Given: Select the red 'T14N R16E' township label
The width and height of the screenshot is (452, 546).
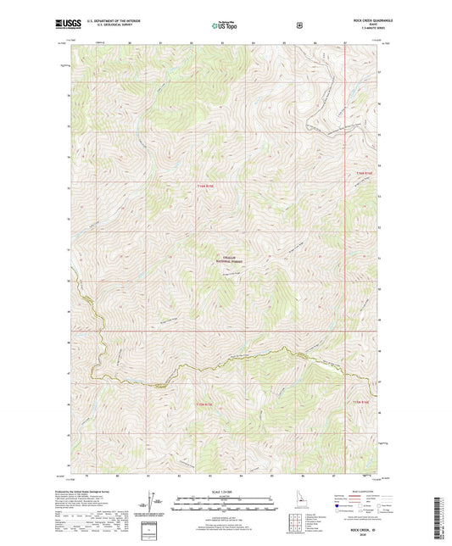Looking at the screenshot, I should [x=363, y=174].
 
